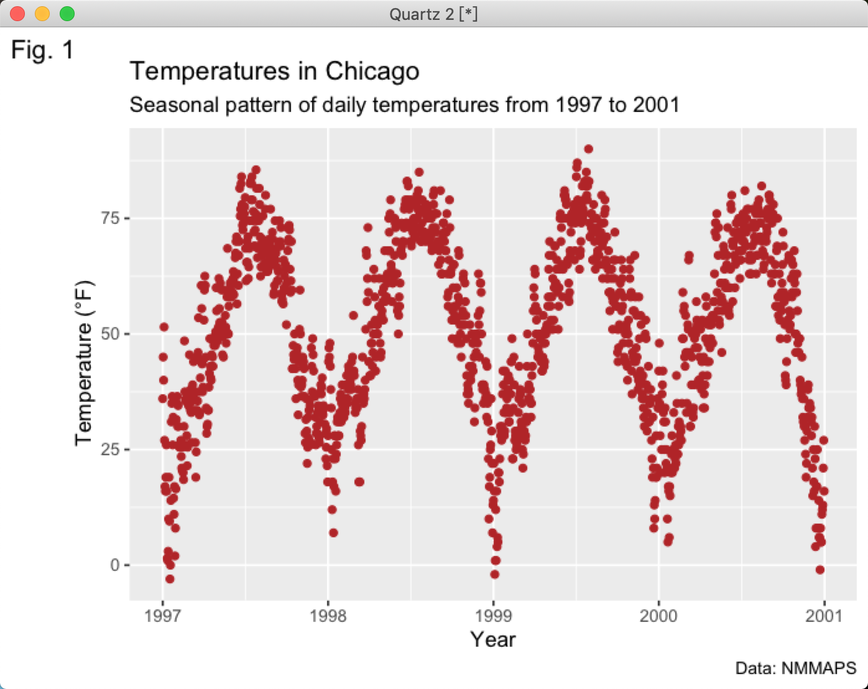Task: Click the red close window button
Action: click(17, 14)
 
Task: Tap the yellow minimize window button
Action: click(42, 14)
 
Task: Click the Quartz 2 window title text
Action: click(433, 14)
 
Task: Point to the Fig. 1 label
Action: click(42, 50)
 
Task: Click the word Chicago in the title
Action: click(372, 71)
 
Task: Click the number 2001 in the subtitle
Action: click(656, 104)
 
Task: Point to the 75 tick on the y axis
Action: click(110, 218)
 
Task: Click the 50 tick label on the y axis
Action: click(110, 334)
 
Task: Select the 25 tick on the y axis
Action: click(110, 450)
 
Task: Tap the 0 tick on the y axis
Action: click(114, 565)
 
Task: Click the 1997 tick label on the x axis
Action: click(162, 616)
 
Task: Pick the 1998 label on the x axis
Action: click(328, 616)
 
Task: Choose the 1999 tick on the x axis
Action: click(493, 616)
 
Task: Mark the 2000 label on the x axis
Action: click(658, 616)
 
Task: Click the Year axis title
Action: click(493, 639)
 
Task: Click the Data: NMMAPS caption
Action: click(795, 668)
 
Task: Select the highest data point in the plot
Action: click(588, 149)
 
